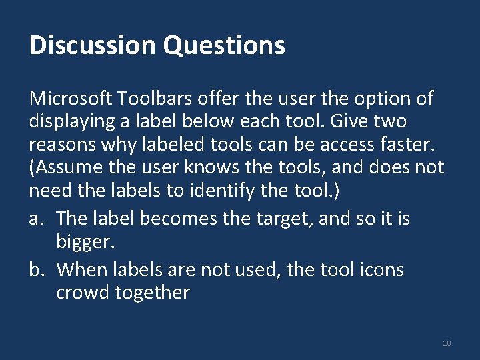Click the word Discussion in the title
click(x=93, y=45)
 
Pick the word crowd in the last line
click(x=82, y=291)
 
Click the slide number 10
click(x=447, y=343)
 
